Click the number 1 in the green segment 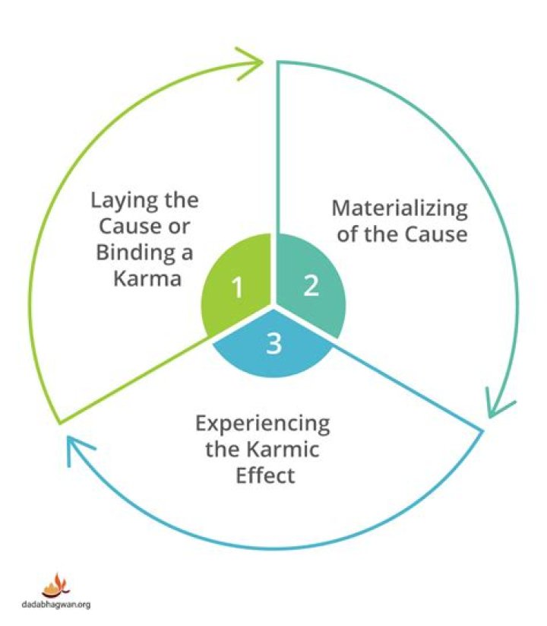pos(238,288)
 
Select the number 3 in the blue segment pos(274,344)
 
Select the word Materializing pos(400,208)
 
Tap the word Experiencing pos(263,424)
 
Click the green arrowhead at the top pos(254,61)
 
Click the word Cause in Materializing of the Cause pos(435,234)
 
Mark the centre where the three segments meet pos(273,307)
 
